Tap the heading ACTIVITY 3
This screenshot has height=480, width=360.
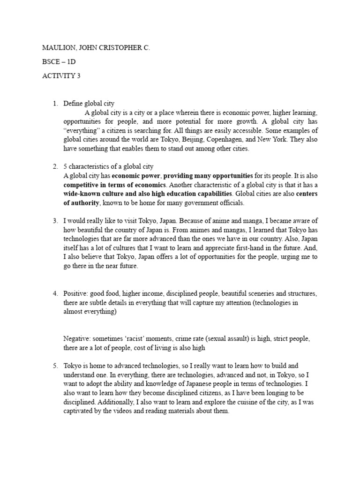61,76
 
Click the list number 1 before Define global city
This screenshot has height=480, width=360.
55,103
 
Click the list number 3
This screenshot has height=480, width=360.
55,221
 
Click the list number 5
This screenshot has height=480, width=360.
55,366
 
